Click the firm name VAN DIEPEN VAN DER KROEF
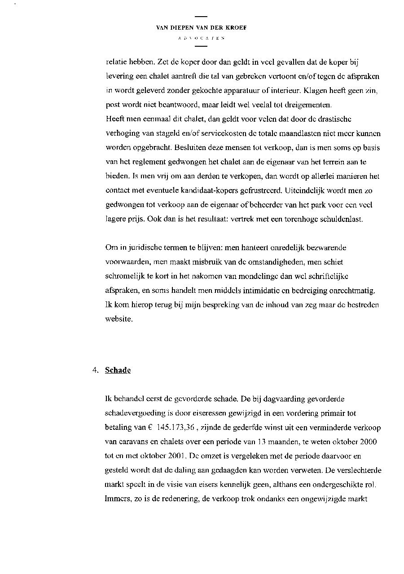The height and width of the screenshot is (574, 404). (x=201, y=28)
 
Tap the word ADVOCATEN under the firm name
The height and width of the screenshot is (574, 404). (x=201, y=39)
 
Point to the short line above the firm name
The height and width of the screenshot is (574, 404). (x=201, y=18)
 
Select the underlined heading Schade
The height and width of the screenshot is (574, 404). (x=118, y=370)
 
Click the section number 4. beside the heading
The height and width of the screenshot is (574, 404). (x=95, y=370)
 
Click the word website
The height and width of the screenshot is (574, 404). (x=119, y=320)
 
